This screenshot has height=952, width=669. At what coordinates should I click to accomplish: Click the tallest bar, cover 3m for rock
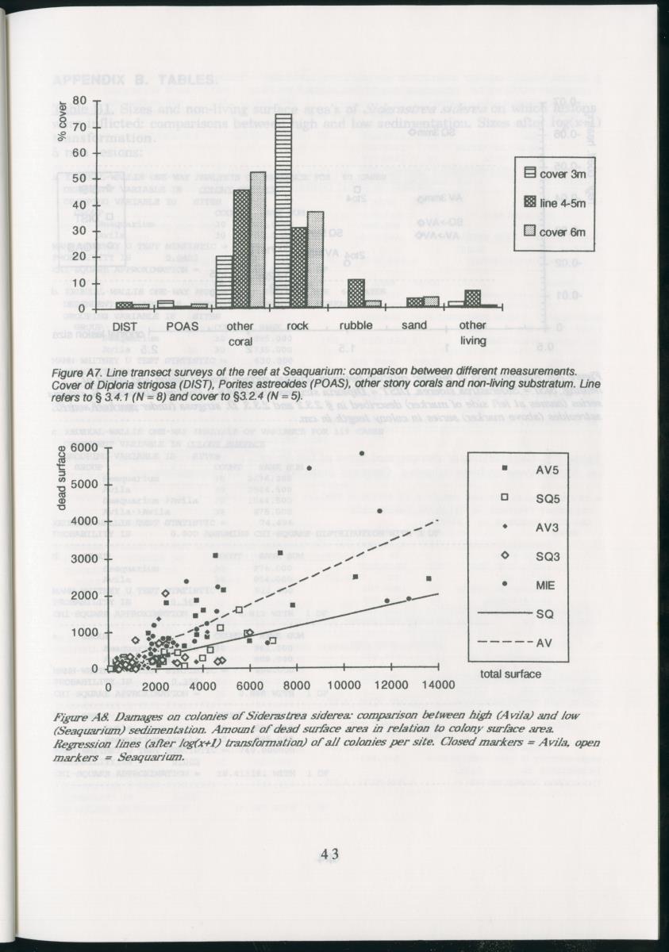[283, 210]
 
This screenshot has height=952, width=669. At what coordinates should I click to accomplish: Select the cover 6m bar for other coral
[258, 240]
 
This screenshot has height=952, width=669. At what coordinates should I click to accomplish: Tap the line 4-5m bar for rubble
[356, 293]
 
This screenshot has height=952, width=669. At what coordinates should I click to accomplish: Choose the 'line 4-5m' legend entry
[553, 202]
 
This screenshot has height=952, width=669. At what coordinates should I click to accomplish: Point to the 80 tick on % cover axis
[79, 101]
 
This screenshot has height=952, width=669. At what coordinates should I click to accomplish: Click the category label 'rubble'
[356, 325]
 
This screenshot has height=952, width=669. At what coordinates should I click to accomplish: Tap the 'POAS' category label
[182, 325]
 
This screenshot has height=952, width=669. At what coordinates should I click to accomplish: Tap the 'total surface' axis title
[511, 674]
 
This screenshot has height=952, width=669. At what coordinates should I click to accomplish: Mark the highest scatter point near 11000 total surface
[361, 453]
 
